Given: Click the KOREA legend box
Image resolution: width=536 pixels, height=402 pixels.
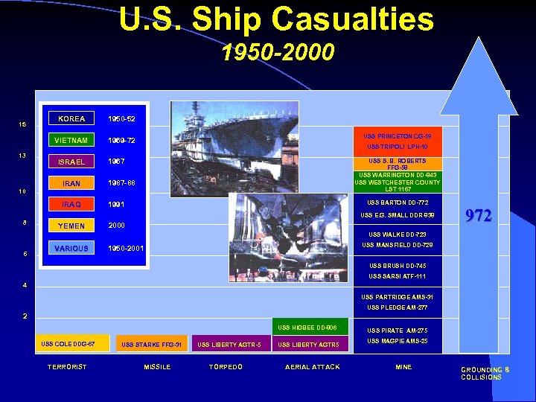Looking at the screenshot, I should coord(71,118).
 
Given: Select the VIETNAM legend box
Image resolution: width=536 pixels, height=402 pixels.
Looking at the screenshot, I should coord(71,140).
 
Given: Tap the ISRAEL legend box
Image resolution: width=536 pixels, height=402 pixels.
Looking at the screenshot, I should coord(71,162).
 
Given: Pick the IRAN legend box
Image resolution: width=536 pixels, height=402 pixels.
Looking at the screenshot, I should coord(71,183).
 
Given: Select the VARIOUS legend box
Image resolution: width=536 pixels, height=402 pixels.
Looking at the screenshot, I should coord(71,248).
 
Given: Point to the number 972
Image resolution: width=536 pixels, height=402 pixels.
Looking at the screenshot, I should coord(477,216).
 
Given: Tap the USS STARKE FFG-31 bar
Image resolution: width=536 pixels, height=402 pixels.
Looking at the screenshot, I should coord(151,345).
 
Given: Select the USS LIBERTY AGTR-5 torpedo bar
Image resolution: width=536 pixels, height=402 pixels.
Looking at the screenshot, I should coord(230,345).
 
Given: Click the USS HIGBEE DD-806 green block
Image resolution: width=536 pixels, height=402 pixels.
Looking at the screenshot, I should coord(307,328).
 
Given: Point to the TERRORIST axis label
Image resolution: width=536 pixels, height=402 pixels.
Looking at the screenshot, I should coord(67,366).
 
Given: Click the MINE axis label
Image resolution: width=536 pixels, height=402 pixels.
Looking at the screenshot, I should coord(403,367).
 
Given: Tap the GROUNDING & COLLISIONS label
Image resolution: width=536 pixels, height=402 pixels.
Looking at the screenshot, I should coord(485,373).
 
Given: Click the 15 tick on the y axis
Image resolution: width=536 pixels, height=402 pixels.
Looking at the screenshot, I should coord(23,124).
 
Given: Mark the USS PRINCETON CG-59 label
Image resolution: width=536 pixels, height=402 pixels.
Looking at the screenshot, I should coord(397,137).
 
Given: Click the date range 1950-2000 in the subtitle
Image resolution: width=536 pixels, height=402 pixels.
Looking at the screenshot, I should coord(278,52).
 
